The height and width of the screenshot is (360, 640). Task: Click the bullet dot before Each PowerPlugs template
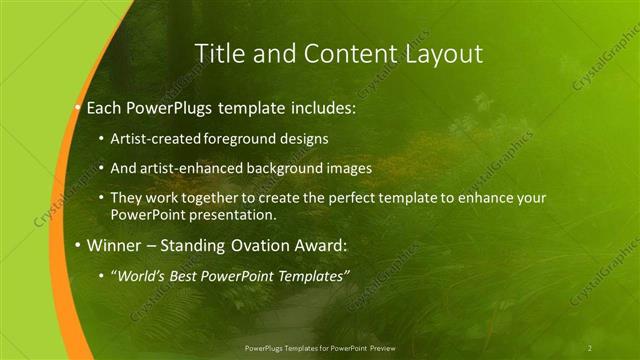coord(79,106)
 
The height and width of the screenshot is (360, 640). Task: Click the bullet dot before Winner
coord(79,245)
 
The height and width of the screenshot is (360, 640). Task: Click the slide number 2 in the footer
coord(590,348)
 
